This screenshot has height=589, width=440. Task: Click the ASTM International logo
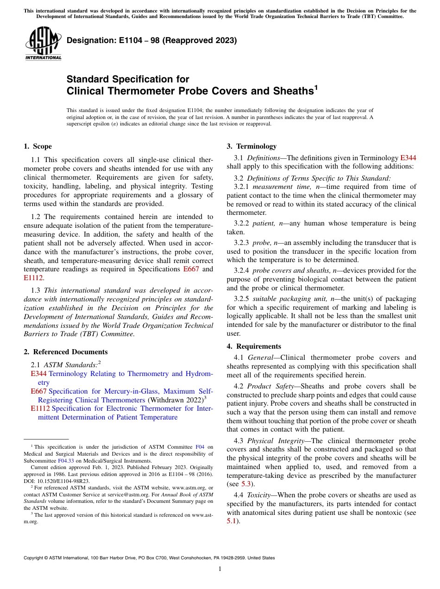pos(43,44)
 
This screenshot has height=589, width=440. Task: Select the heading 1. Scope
pos(38,146)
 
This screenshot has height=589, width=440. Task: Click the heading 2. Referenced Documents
pos(65,352)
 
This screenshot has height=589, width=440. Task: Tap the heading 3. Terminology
pos(251,146)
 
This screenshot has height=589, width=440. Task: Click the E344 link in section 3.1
pos(408,158)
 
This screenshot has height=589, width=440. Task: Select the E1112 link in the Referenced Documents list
pos(40,408)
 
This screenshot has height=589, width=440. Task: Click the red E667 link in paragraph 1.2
pos(191,269)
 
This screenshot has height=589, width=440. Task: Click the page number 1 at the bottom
pos(220,569)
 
